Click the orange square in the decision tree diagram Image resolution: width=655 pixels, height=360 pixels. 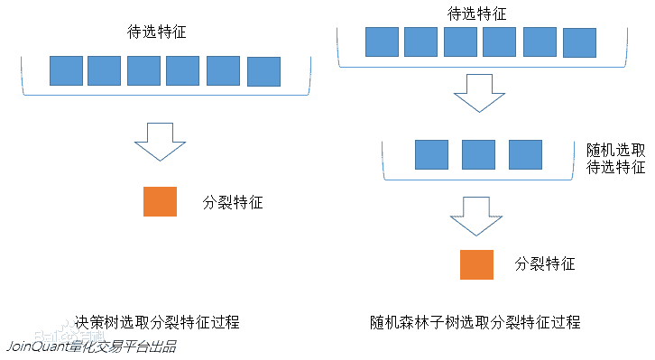point(160,201)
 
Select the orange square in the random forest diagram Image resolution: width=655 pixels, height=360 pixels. point(476,264)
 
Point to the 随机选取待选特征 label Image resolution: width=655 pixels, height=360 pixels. point(616,158)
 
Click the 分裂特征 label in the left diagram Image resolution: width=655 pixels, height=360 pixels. point(233,202)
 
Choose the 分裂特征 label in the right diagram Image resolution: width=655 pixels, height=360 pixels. point(545,264)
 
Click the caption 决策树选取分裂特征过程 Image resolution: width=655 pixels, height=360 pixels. point(158,322)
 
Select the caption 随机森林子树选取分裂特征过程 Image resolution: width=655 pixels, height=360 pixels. point(475,322)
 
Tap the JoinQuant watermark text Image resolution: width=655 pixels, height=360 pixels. point(90,346)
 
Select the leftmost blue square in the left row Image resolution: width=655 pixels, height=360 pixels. point(66,71)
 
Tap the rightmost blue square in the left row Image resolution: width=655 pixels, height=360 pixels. point(263,72)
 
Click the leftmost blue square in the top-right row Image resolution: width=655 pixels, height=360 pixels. point(382,42)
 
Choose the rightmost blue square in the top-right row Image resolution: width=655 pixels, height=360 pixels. point(579,42)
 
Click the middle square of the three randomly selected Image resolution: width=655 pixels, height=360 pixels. point(478,154)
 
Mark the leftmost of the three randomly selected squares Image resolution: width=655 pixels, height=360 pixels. point(431,154)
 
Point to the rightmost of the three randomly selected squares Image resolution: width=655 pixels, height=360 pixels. point(525,154)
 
